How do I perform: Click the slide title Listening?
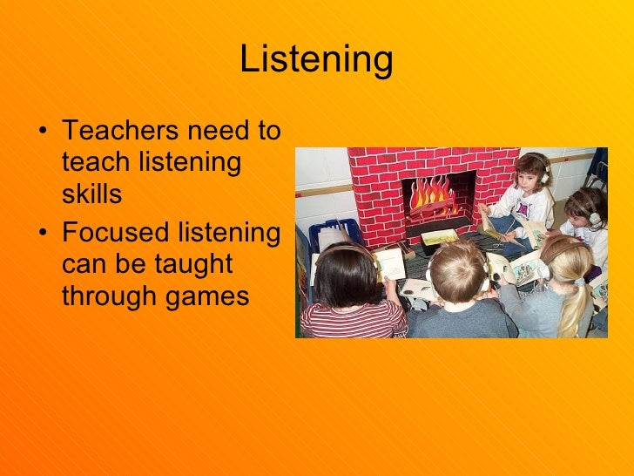316,61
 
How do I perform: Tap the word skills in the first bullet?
91,195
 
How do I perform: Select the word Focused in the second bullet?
111,232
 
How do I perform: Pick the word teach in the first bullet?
91,163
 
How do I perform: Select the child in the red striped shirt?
348,296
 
